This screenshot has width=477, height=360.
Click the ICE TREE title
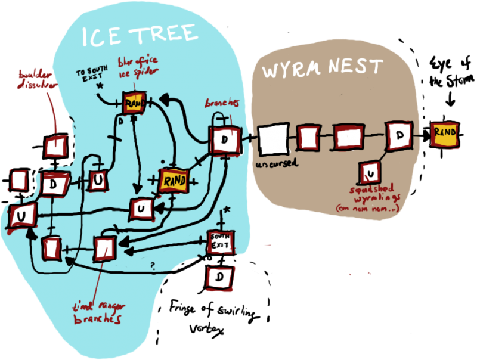coord(139,36)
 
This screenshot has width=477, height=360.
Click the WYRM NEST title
coord(323,68)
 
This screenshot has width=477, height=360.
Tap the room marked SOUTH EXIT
coord(221,242)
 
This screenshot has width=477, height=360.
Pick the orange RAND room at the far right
coord(445,133)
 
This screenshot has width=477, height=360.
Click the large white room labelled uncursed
coord(274,141)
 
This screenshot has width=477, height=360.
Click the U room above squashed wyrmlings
coord(370,173)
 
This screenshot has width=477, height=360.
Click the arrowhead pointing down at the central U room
coord(139,192)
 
